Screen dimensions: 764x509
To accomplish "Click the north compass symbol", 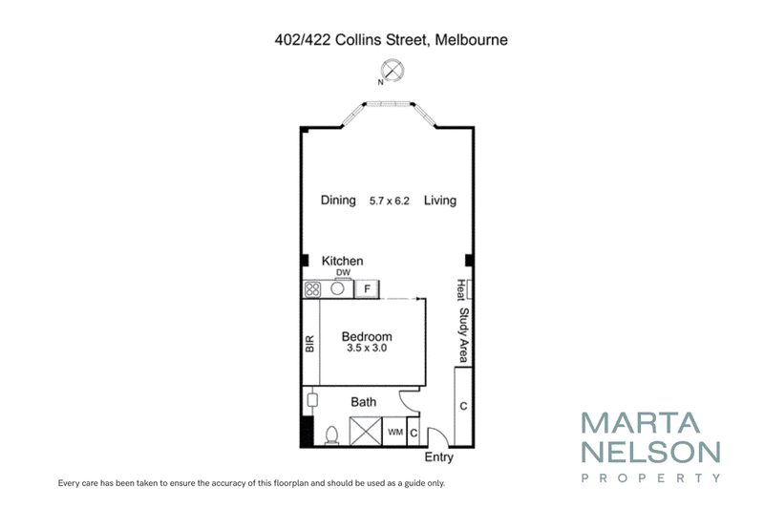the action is (392, 70).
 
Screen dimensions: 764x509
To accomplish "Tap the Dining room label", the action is (338, 201).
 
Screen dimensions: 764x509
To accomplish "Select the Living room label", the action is (440, 201).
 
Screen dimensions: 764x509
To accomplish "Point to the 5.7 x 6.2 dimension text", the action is (390, 201).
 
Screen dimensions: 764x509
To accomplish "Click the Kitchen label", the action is (342, 261).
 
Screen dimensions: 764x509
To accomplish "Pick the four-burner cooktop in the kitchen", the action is (312, 289).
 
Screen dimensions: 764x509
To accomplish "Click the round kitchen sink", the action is (337, 288).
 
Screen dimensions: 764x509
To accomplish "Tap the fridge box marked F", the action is (367, 288).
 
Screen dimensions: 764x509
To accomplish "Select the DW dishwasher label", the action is (344, 272).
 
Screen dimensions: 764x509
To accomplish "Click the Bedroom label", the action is (367, 336).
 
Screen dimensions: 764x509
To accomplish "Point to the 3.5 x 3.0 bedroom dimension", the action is (367, 348).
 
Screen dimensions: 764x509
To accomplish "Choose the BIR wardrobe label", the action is (309, 344).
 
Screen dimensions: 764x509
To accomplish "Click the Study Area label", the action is (464, 335).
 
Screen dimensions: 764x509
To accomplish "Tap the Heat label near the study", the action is (460, 289).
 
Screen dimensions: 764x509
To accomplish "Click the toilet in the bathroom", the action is (331, 435).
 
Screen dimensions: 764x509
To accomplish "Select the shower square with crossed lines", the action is (366, 431).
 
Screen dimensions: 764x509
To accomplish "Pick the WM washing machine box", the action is (394, 432).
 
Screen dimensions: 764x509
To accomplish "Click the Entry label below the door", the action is (438, 457).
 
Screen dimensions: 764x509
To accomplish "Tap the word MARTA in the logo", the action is (640, 423).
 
